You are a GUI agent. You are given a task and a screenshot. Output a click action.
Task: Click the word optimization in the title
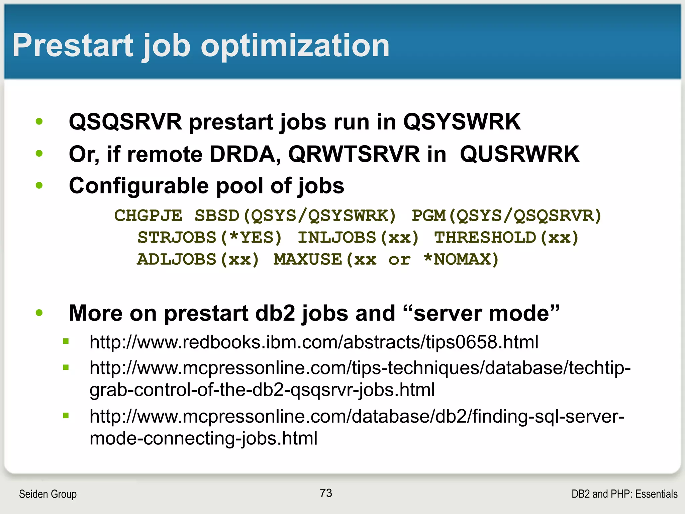coord(295,46)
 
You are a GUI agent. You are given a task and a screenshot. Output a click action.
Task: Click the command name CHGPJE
coord(148,216)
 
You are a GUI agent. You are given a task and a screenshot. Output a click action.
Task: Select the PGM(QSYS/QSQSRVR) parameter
coord(506,216)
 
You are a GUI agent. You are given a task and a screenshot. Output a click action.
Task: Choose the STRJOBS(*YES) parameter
coord(210,238)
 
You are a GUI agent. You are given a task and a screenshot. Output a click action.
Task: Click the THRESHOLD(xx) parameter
coord(506,238)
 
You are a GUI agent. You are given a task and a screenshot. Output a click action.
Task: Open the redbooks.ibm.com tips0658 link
coord(314,342)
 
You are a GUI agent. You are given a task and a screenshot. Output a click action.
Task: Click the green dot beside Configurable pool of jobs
coord(39,185)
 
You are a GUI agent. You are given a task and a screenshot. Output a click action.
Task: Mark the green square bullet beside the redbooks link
coord(66,342)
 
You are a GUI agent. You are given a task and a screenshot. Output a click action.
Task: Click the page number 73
coord(326,493)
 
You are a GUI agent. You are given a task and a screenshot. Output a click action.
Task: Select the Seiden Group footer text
coord(48,494)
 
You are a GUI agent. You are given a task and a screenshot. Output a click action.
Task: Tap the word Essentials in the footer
coord(656,494)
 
